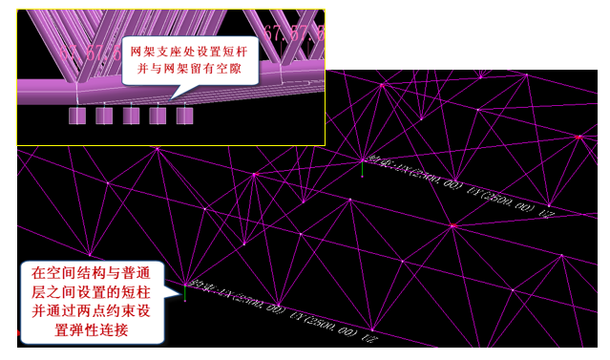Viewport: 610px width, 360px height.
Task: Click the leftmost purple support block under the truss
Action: pyautogui.click(x=78, y=116)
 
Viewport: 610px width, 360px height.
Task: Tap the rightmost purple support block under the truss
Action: pyautogui.click(x=185, y=116)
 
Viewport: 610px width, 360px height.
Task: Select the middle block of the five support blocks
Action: pyautogui.click(x=132, y=116)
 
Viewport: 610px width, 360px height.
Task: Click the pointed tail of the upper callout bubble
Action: pyautogui.click(x=172, y=96)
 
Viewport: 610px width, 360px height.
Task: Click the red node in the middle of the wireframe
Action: pyautogui.click(x=452, y=226)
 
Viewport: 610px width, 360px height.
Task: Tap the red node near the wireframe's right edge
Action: pyautogui.click(x=579, y=137)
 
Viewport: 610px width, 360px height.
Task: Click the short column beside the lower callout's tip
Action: pyautogui.click(x=184, y=291)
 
